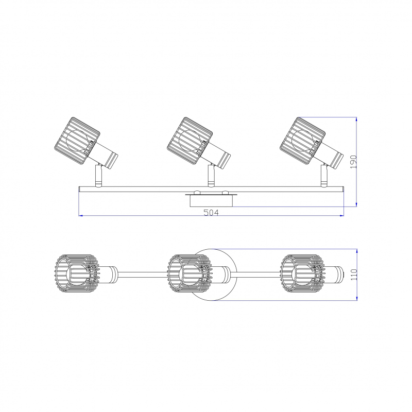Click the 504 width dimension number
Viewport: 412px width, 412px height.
(x=211, y=212)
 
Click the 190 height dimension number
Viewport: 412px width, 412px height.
(x=354, y=162)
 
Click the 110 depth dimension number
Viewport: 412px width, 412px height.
(x=354, y=274)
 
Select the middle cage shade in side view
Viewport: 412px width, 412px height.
(x=190, y=141)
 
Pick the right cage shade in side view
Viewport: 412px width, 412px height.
(x=302, y=141)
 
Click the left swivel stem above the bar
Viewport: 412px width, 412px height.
(x=98, y=176)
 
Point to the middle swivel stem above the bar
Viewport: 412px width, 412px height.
(x=211, y=176)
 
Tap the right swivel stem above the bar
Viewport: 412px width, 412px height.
(x=323, y=176)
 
